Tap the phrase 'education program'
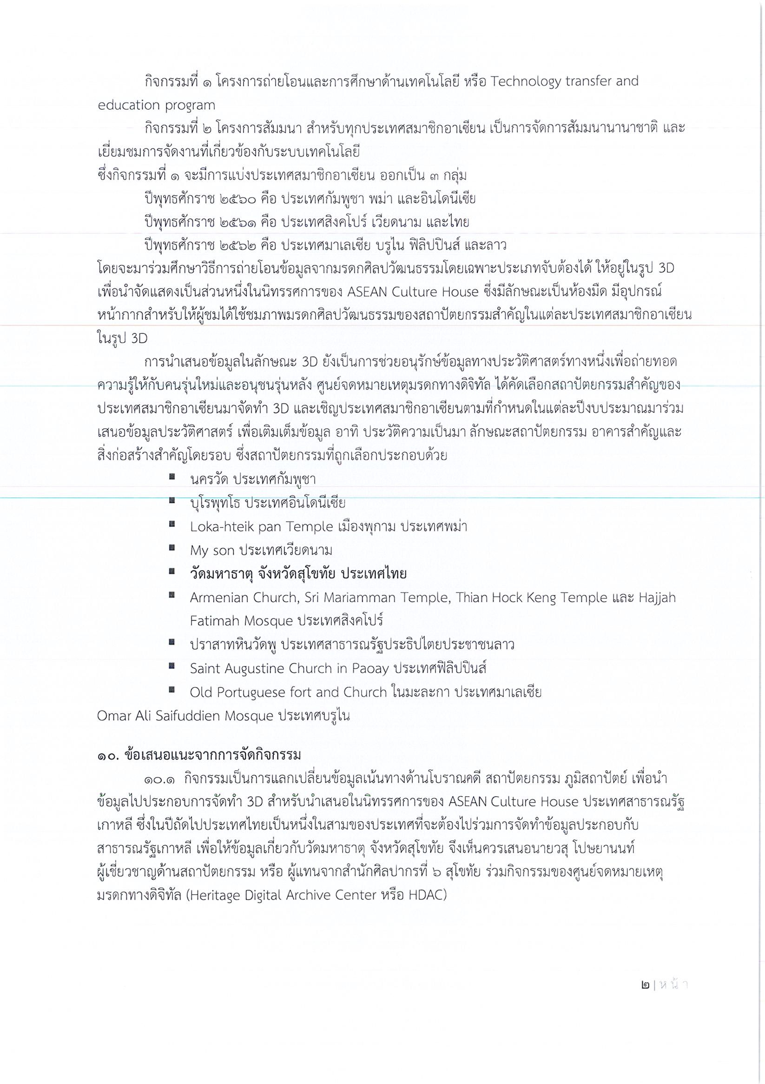tap(156, 105)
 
